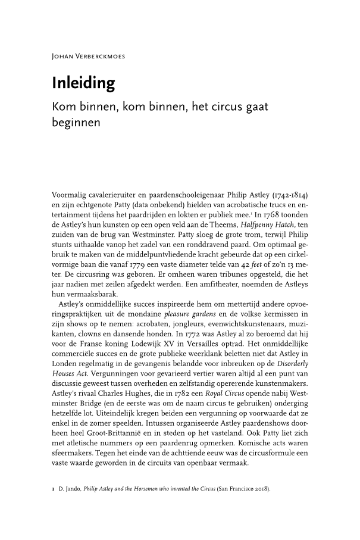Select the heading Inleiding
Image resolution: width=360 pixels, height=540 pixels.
click(83, 83)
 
